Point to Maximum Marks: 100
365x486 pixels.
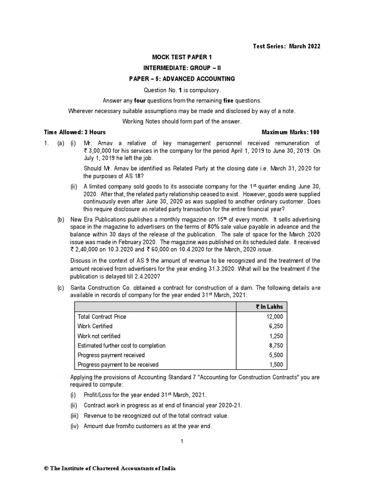(291, 132)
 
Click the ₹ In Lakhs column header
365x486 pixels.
(269, 307)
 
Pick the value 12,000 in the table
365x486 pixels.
(275, 317)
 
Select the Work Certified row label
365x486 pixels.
(95, 326)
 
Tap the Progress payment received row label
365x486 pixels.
(111, 355)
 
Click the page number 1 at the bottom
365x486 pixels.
(182, 441)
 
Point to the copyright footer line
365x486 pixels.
(109, 468)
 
